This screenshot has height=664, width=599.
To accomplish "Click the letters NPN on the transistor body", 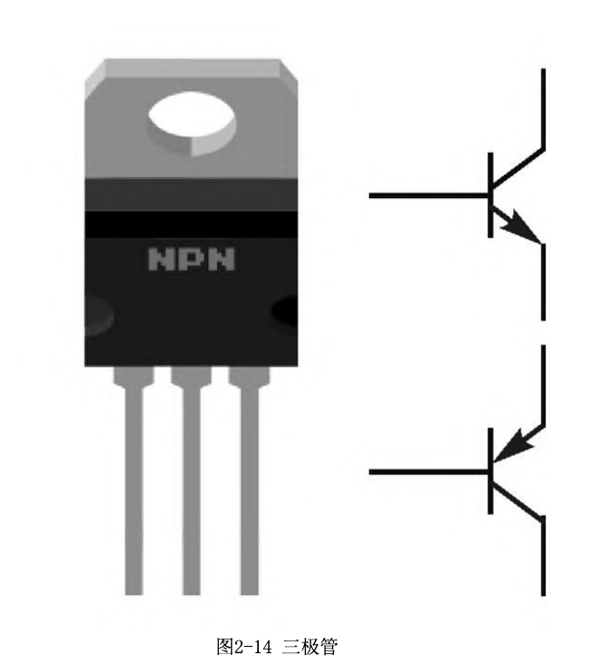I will tap(192, 261).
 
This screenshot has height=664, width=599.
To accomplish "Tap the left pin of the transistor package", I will tap(134, 489).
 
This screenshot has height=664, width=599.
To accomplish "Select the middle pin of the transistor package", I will tap(191, 489).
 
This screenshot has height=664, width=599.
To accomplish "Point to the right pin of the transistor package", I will tap(248, 489).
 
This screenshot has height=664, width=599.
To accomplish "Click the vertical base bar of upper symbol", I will tap(490, 194).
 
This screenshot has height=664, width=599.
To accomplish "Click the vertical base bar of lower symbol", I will tap(490, 471).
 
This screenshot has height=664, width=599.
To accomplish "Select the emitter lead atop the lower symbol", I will tap(542, 384).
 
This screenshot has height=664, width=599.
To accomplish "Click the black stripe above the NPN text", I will tap(192, 223).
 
